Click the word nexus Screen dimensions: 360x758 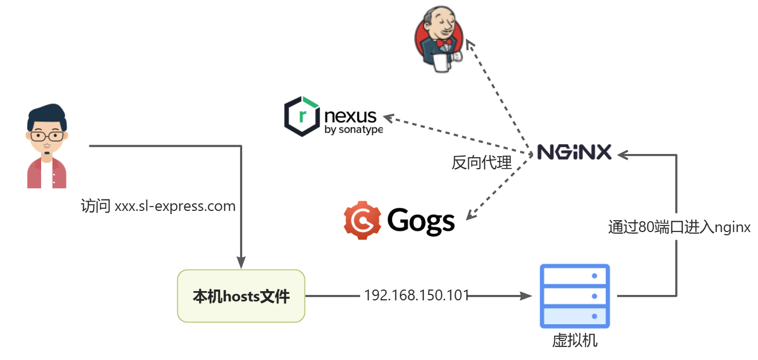(351, 116)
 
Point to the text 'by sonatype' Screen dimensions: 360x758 (353, 130)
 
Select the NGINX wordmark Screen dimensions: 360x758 (574, 152)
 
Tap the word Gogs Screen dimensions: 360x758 (421, 221)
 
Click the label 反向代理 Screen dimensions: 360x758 (482, 163)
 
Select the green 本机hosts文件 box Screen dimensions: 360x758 (241, 296)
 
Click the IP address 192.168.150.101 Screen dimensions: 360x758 (416, 295)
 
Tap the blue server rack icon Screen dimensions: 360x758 (575, 296)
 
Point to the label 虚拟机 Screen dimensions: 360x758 (575, 340)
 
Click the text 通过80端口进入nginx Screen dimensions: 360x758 (679, 227)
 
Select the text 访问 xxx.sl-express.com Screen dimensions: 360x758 (158, 207)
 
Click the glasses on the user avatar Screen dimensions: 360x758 (46, 136)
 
